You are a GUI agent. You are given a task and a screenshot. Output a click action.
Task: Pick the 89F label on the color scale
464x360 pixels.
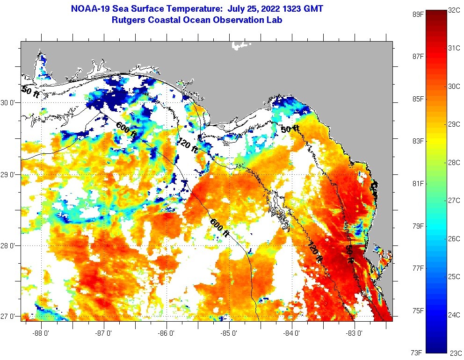pyautogui.click(x=418, y=14)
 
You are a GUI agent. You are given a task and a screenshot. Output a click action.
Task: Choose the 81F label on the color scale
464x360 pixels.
pyautogui.click(x=418, y=183)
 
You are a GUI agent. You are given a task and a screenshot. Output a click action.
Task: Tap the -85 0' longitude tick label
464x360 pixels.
pyautogui.click(x=229, y=333)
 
